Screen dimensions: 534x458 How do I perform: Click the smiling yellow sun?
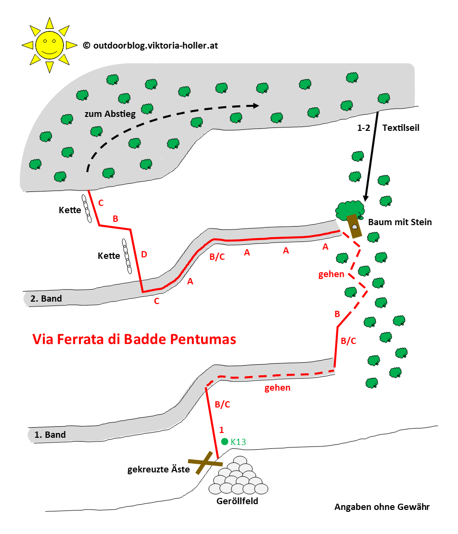click(x=48, y=45)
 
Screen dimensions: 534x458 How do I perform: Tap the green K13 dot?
click(x=224, y=441)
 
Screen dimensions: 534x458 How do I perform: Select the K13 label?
click(x=239, y=442)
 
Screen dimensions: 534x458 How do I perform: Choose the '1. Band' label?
click(x=50, y=435)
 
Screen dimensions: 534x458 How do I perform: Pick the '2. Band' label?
click(x=46, y=298)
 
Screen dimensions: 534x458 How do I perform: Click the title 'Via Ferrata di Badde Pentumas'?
click(x=134, y=339)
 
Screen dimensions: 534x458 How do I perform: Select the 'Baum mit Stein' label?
click(x=400, y=222)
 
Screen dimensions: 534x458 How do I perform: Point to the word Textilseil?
click(x=401, y=128)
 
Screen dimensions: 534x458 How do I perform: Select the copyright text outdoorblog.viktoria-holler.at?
click(x=150, y=45)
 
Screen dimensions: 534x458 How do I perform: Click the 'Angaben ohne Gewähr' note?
click(x=382, y=507)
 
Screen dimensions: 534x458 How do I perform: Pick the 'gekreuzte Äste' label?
click(x=159, y=469)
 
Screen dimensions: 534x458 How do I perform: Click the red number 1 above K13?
click(x=221, y=429)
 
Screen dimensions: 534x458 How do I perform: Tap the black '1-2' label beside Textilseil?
click(x=364, y=128)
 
